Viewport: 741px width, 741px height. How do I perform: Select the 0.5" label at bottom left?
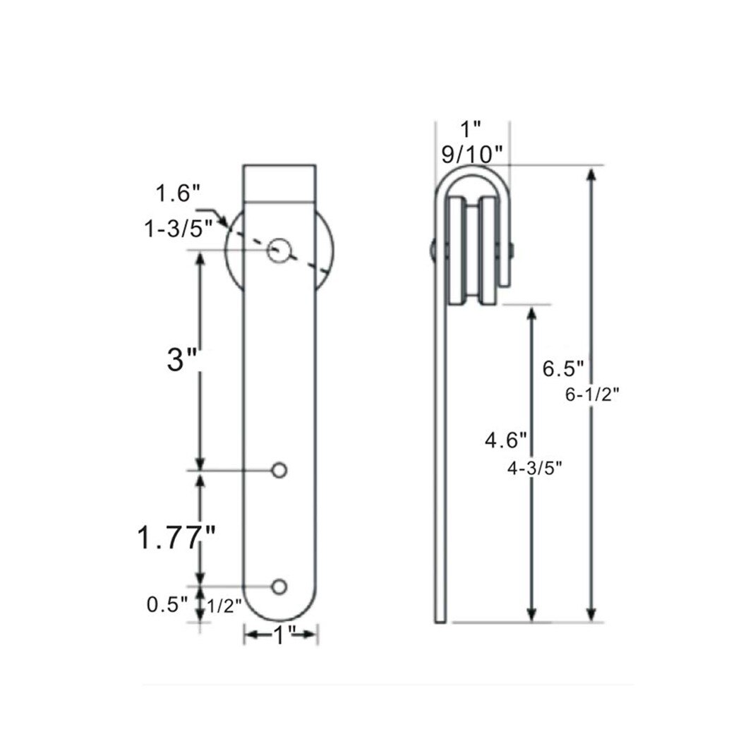(167, 604)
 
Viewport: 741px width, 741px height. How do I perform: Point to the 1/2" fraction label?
(224, 606)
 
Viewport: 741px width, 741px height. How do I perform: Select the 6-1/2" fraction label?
(591, 396)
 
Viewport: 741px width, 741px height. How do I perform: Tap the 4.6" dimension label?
(506, 440)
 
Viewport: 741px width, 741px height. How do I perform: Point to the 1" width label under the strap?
(282, 635)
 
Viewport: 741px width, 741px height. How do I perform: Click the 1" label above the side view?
(471, 128)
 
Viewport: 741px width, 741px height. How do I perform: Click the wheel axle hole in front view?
(279, 250)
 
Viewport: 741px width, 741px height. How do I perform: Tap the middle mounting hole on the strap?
(279, 469)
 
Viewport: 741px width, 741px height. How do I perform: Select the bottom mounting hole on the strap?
(279, 586)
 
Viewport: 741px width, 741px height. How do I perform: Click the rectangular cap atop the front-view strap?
(279, 183)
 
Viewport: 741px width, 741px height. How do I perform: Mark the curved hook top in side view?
(471, 174)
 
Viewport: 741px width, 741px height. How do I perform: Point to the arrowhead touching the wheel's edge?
(224, 224)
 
